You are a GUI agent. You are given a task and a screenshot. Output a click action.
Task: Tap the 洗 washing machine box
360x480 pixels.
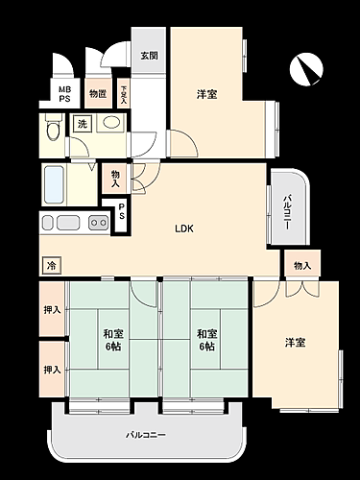pyautogui.click(x=83, y=124)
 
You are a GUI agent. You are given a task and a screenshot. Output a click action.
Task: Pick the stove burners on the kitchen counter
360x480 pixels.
pyautogui.click(x=99, y=223)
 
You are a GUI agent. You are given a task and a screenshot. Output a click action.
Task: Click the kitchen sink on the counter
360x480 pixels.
pyautogui.click(x=68, y=223)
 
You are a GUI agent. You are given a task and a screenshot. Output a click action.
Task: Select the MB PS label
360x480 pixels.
pyautogui.click(x=65, y=94)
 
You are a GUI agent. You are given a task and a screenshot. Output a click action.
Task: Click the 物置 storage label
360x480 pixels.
pyautogui.click(x=97, y=94)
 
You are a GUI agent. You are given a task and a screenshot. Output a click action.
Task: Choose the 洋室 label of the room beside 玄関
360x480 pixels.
pyautogui.click(x=205, y=94)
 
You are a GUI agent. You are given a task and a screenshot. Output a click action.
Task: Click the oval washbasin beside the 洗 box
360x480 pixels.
pyautogui.click(x=110, y=122)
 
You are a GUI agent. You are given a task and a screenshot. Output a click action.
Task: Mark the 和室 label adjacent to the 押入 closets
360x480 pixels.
pyautogui.click(x=113, y=341)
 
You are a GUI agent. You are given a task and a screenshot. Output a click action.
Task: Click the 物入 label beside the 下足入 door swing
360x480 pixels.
pyautogui.click(x=115, y=178)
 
